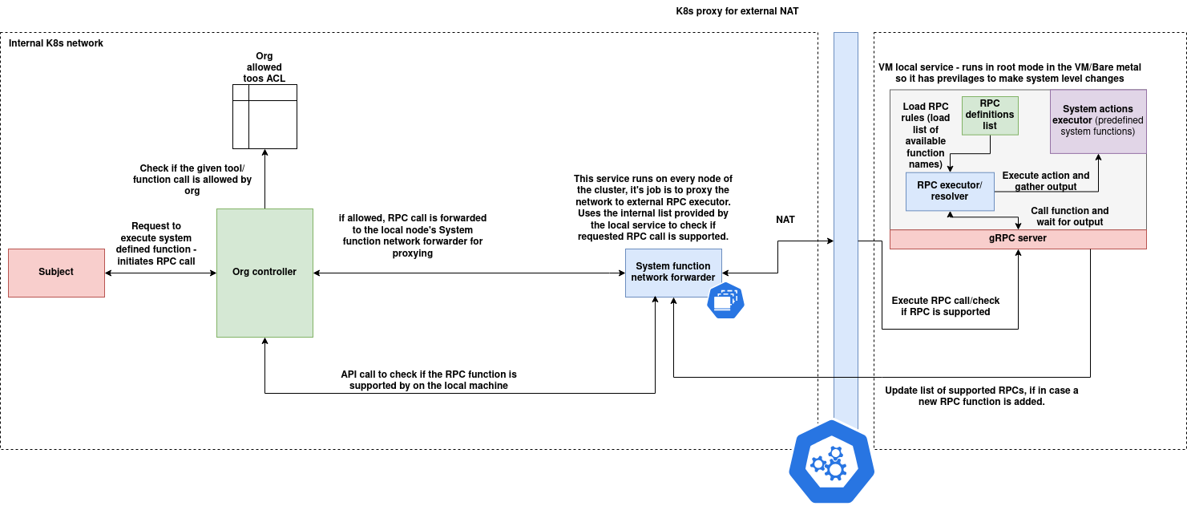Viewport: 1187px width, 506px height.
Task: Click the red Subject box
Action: point(56,273)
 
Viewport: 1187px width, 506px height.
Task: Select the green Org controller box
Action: point(264,273)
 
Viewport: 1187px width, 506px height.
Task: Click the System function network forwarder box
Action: point(672,273)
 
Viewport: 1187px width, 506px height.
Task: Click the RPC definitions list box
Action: point(990,115)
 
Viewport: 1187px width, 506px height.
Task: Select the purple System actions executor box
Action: point(1098,121)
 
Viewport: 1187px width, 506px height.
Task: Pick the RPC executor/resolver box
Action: point(950,191)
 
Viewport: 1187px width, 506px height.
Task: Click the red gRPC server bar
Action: point(1018,239)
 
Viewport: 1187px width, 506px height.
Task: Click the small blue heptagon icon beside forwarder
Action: point(725,301)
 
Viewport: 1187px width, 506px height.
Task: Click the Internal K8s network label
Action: point(55,43)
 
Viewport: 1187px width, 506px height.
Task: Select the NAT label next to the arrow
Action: point(785,219)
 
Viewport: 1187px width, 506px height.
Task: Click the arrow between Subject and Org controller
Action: point(160,273)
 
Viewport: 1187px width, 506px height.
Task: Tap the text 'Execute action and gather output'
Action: point(1045,181)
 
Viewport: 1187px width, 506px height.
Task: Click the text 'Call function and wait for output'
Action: point(1069,217)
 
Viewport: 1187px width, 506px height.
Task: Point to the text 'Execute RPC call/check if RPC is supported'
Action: point(946,306)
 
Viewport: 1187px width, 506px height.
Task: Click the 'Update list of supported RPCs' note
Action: point(981,396)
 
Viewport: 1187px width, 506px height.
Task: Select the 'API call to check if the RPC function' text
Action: point(429,380)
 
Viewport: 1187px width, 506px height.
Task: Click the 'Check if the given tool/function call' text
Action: point(192,180)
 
